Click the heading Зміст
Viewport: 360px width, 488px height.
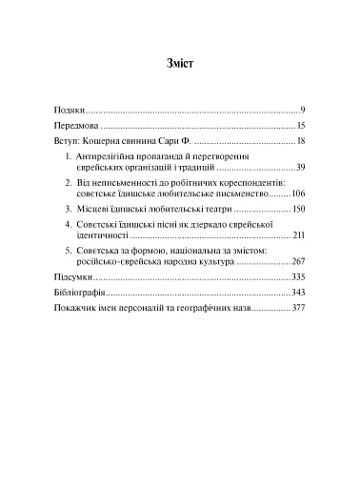(x=180, y=65)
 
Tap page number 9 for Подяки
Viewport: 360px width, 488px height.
(x=301, y=112)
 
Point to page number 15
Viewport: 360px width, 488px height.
(x=299, y=126)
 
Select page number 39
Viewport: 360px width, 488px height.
(x=299, y=167)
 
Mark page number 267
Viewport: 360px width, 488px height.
(x=297, y=260)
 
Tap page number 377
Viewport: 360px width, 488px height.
(x=297, y=308)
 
